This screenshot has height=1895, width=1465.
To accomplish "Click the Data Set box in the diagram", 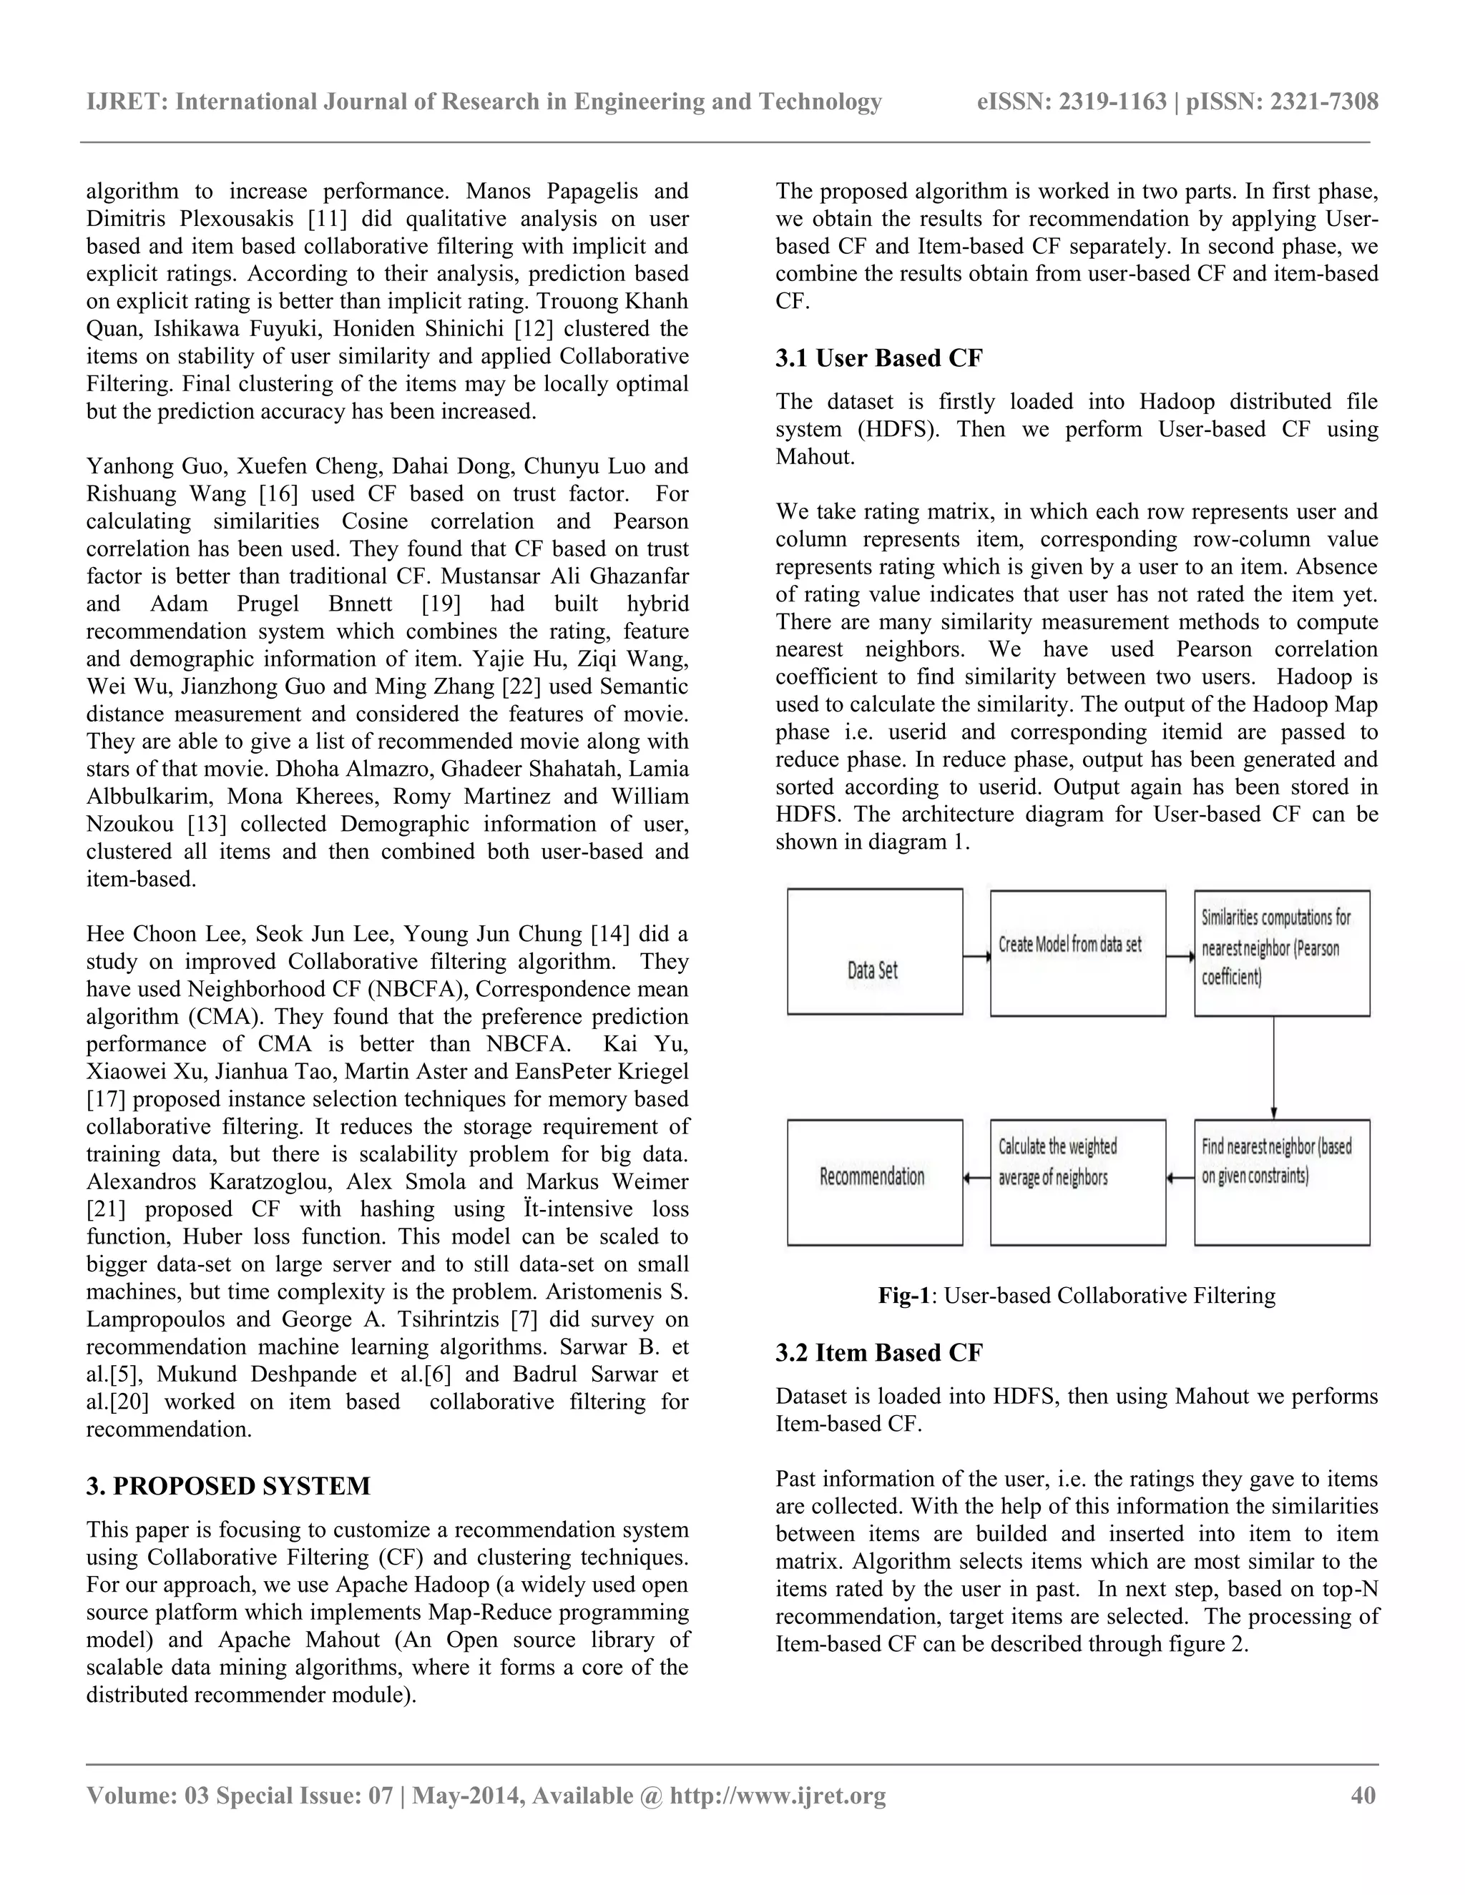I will pyautogui.click(x=874, y=952).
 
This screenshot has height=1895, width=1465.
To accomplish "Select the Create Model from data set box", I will pyautogui.click(x=1077, y=953).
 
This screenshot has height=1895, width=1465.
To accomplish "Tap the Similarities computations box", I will pyautogui.click(x=1281, y=953).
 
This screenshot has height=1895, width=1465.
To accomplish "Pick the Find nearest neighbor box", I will pyautogui.click(x=1281, y=1182).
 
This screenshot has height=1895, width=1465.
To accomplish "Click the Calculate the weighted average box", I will pyautogui.click(x=1077, y=1182).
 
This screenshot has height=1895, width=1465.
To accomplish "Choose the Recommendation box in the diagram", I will pyautogui.click(x=874, y=1182).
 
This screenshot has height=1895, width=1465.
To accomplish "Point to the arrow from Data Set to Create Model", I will pyautogui.click(x=976, y=957).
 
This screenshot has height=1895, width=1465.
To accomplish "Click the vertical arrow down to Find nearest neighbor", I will pyautogui.click(x=1273, y=1067).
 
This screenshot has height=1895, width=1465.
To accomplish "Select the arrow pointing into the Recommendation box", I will pyautogui.click(x=976, y=1178).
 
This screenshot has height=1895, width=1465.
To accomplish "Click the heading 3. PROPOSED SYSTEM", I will pyautogui.click(x=227, y=1487).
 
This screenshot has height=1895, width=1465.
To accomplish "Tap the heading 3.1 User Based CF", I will pyautogui.click(x=878, y=358).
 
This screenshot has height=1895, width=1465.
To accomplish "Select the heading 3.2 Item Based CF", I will pyautogui.click(x=878, y=1353).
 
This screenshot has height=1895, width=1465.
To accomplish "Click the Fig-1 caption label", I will pyautogui.click(x=903, y=1296).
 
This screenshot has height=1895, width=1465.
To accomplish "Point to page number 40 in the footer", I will pyautogui.click(x=1363, y=1795).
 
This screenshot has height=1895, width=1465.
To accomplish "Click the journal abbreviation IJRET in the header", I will pyautogui.click(x=124, y=102).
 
